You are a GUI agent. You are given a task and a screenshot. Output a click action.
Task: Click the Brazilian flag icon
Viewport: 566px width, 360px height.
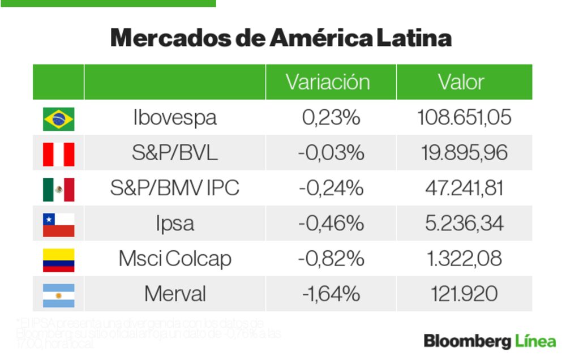(x=58, y=119)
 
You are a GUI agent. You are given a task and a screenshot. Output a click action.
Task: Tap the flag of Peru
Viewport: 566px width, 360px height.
(x=58, y=154)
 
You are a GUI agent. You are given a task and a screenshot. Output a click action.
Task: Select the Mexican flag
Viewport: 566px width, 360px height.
(x=58, y=189)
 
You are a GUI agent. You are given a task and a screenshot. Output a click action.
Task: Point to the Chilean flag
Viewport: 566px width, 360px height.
(x=58, y=225)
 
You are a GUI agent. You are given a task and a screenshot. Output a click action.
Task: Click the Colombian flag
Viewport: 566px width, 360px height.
(x=58, y=260)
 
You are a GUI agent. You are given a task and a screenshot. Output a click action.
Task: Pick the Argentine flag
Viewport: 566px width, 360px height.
(x=58, y=295)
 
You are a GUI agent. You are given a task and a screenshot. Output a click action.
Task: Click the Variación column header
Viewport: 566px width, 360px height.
(x=328, y=82)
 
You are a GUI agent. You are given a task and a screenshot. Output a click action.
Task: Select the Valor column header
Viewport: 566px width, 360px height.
(x=461, y=82)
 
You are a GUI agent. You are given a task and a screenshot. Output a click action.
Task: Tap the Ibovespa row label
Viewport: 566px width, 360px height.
(x=175, y=118)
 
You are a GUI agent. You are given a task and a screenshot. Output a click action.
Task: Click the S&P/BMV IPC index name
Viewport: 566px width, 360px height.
(x=175, y=188)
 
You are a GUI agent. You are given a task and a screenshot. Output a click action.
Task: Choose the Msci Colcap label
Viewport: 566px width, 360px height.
(x=175, y=259)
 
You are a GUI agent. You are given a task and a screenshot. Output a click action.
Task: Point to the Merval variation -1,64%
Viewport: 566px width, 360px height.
(x=331, y=294)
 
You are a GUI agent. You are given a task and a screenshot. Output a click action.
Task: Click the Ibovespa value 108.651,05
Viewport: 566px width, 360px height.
(x=464, y=118)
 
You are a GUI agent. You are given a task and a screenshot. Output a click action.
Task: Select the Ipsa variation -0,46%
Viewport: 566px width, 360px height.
(x=331, y=224)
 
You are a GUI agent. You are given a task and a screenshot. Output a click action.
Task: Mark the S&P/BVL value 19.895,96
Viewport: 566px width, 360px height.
(x=464, y=153)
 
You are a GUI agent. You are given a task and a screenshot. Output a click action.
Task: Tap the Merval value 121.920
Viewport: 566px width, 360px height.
(x=464, y=294)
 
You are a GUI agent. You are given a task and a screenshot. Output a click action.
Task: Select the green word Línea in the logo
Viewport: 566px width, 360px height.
(x=535, y=341)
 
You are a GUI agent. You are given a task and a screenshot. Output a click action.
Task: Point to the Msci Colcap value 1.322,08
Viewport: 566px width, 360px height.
(x=464, y=259)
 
